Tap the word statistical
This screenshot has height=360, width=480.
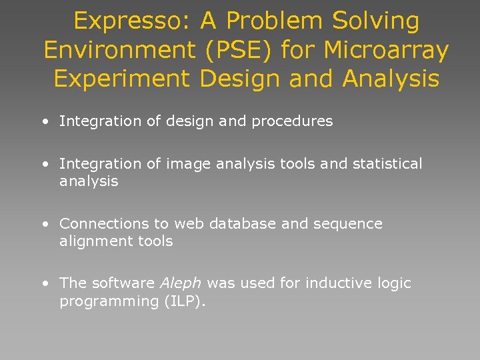384,164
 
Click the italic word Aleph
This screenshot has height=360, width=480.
181,283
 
